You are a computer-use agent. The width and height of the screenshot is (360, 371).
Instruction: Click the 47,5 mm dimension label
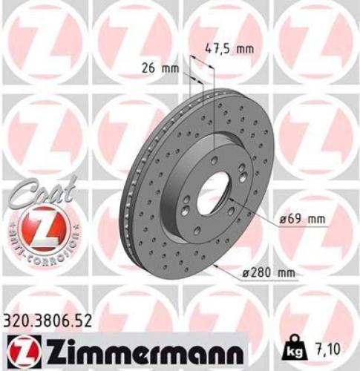[229, 50]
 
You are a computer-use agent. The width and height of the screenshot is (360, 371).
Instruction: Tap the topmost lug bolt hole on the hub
[213, 160]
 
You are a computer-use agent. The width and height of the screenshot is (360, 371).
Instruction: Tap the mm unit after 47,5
[244, 50]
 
